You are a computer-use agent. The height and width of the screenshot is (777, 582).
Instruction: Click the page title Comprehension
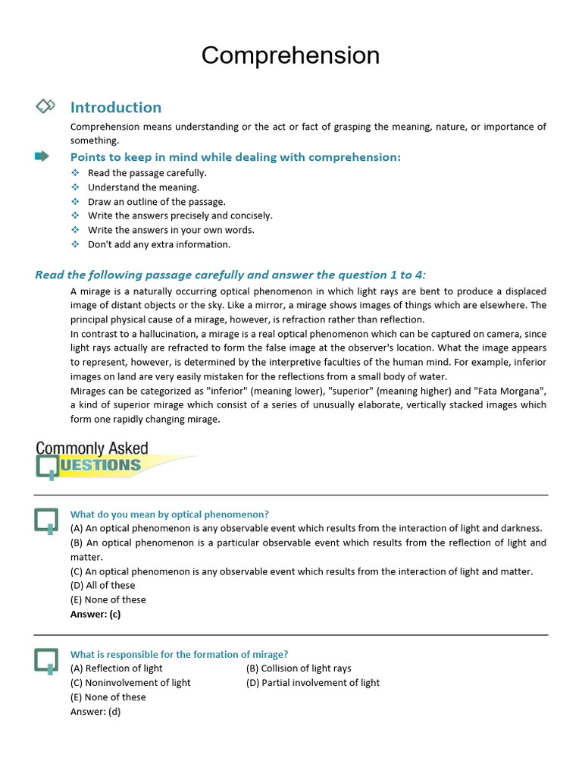point(290,55)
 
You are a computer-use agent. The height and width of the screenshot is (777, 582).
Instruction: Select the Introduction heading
point(115,107)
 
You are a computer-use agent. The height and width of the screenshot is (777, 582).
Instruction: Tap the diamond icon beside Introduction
point(45,106)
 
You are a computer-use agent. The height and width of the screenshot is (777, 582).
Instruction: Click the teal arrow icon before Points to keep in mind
point(42,156)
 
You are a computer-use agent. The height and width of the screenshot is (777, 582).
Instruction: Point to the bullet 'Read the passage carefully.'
point(147,173)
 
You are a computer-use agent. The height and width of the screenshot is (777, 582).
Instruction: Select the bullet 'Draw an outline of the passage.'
point(156,202)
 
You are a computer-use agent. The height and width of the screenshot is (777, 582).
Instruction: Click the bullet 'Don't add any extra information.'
point(159,244)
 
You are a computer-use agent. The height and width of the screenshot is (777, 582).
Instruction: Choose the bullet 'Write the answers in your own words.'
point(171,230)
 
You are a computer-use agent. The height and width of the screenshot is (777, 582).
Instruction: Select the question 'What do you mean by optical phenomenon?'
point(170,514)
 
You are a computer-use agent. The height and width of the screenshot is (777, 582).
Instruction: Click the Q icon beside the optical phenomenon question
point(46,521)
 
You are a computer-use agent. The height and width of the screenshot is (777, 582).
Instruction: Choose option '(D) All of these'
point(102,585)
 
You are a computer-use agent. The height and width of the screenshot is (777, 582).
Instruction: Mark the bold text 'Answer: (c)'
point(95,614)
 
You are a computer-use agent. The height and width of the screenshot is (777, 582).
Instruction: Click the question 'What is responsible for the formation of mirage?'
point(179,654)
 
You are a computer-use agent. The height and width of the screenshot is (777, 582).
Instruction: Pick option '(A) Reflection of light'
point(117,668)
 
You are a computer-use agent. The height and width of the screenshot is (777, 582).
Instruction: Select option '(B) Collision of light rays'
point(299,668)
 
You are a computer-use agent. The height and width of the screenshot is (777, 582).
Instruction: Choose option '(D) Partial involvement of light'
point(313,683)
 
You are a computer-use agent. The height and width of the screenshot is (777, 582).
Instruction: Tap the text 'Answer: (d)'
point(95,712)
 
